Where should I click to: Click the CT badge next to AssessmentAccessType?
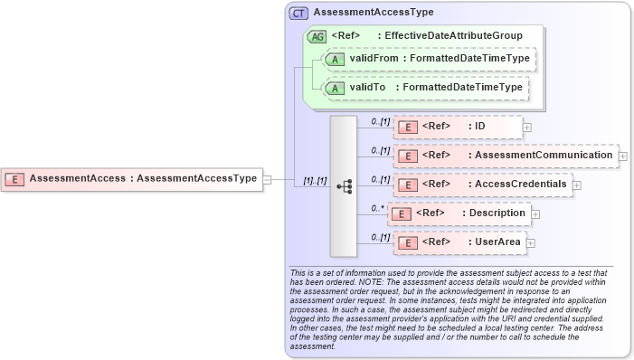(298, 14)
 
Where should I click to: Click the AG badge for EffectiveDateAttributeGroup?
(317, 37)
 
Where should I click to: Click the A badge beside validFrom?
(336, 59)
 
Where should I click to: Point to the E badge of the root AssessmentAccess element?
(15, 179)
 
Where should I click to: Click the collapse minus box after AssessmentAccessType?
(267, 179)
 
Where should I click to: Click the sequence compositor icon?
(344, 185)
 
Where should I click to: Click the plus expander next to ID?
(527, 128)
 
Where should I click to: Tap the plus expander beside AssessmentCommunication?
(623, 156)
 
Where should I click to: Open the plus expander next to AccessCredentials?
(577, 185)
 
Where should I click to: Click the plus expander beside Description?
(535, 214)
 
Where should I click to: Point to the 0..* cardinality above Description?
(377, 207)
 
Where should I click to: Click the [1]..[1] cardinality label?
(315, 182)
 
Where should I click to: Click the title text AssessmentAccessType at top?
(373, 14)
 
